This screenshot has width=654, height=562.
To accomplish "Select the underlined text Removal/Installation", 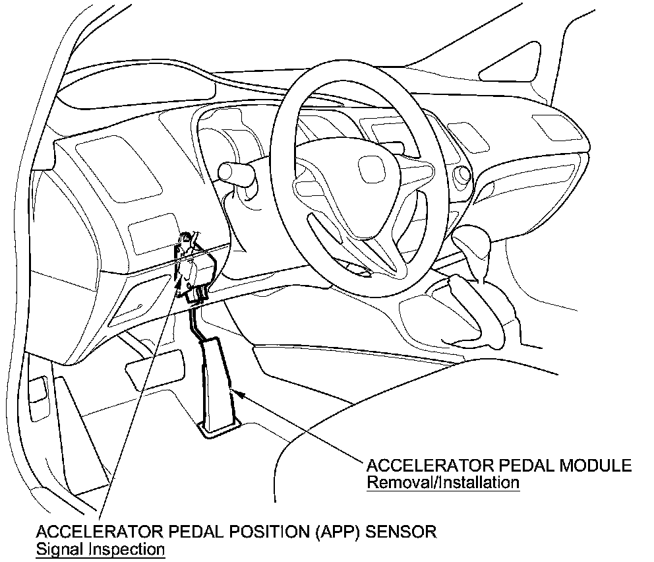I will pyautogui.click(x=443, y=482).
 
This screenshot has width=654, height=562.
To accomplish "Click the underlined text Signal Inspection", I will pyautogui.click(x=100, y=548).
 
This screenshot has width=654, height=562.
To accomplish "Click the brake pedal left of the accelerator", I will pyautogui.click(x=156, y=363).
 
